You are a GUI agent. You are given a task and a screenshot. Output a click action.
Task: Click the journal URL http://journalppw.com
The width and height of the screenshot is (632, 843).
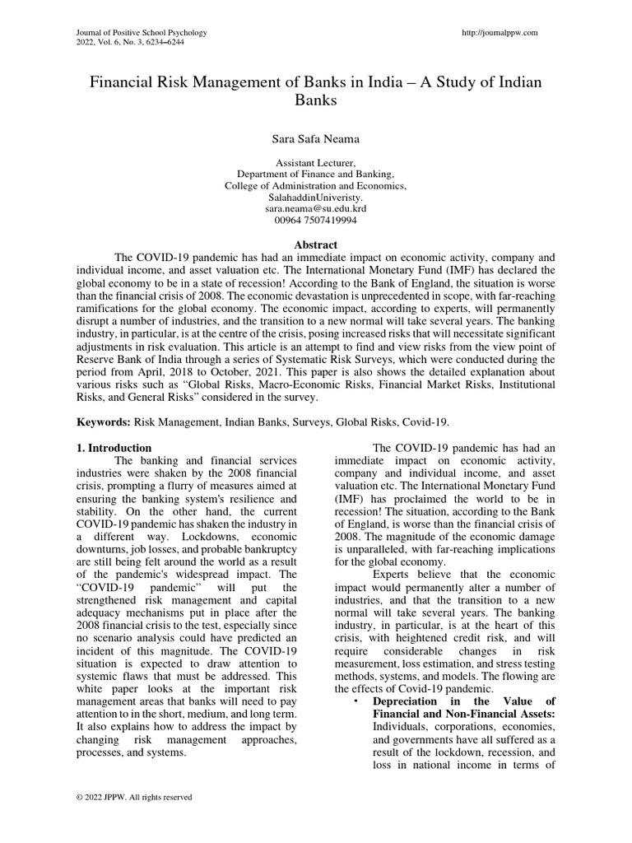click(500, 32)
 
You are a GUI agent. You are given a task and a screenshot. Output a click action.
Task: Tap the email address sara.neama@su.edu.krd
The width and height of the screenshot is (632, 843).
click(316, 210)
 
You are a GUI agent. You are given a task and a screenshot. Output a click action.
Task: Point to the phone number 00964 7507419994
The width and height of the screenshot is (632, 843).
click(316, 221)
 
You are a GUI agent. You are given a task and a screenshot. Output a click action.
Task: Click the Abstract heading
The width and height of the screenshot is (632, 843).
click(316, 245)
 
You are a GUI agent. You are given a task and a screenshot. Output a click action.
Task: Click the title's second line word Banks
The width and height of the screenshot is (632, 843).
click(316, 100)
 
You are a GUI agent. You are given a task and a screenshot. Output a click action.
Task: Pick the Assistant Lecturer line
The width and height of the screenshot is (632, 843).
click(316, 164)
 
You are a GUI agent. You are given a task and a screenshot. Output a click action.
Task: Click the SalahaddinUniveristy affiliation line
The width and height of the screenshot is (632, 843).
click(316, 198)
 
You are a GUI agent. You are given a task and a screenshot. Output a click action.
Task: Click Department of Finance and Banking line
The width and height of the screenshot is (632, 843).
click(316, 175)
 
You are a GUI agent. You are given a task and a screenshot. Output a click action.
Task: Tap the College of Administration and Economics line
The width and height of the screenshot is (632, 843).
click(316, 187)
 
